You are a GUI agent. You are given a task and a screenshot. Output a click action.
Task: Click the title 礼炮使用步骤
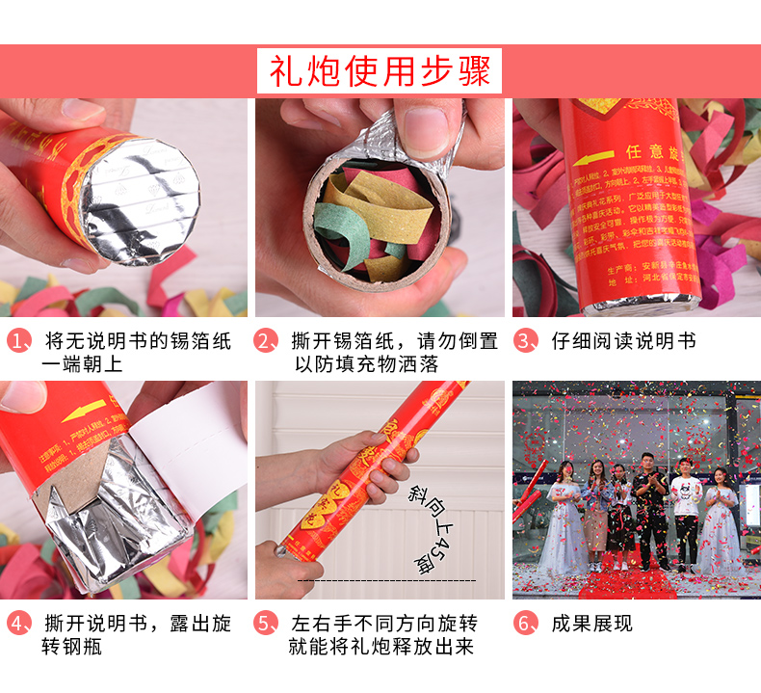(x=380, y=71)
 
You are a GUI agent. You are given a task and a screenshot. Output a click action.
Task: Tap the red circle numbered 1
(x=20, y=342)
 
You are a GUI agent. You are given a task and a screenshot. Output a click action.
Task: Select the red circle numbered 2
(x=267, y=342)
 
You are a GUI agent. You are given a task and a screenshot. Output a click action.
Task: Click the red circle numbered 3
(x=525, y=342)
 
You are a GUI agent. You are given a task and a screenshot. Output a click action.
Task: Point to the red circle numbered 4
(x=20, y=624)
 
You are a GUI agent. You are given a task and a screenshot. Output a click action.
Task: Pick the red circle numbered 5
(x=267, y=624)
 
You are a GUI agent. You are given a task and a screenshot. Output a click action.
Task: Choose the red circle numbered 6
(x=525, y=624)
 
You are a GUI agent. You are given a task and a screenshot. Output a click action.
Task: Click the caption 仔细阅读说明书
(x=623, y=342)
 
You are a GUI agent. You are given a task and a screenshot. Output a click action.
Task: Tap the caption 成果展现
(x=591, y=624)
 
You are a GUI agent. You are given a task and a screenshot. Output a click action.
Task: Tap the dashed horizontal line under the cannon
(x=385, y=581)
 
